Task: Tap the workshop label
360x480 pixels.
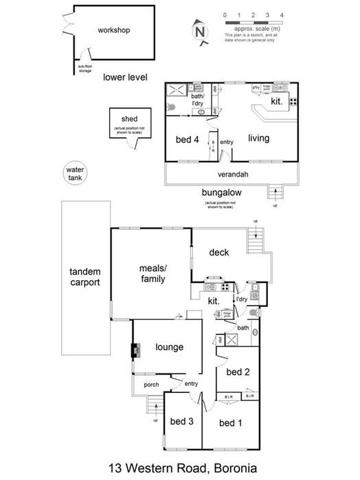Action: click(x=113, y=30)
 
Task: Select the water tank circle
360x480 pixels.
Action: click(x=74, y=173)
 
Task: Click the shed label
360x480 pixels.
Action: click(x=129, y=119)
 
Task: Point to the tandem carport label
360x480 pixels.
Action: click(x=85, y=277)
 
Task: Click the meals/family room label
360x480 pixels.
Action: click(x=153, y=274)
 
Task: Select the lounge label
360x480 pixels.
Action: click(x=169, y=347)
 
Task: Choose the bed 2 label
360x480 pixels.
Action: click(x=238, y=372)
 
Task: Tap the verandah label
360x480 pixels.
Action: click(x=233, y=174)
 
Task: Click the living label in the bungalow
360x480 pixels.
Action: click(x=258, y=138)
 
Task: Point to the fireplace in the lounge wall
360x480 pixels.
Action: click(x=135, y=350)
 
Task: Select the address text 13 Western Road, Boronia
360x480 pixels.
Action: click(x=182, y=468)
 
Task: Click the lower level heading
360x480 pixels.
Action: click(x=126, y=78)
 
